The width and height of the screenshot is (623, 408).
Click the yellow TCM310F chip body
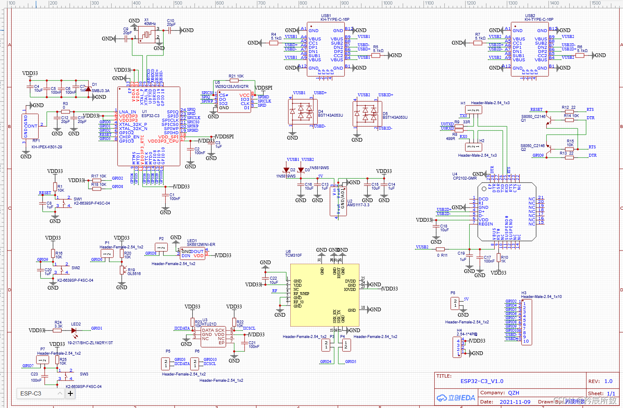[x=324, y=295]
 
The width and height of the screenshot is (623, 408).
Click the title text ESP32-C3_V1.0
[x=482, y=381]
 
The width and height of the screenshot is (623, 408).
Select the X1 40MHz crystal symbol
[x=147, y=35]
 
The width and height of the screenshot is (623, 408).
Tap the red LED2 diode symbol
[x=74, y=330]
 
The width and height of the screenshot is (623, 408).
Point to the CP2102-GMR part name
[x=465, y=178]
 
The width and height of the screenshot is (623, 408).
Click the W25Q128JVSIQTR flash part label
[x=232, y=87]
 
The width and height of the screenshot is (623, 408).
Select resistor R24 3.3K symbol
[x=57, y=330]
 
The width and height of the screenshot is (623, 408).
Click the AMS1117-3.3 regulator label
[x=358, y=205]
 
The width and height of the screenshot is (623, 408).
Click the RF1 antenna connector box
[x=30, y=126]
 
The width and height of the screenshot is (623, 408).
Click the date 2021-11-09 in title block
[x=515, y=402]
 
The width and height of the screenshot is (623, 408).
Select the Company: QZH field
[x=500, y=393]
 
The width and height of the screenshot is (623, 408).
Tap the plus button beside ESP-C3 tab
[x=70, y=393]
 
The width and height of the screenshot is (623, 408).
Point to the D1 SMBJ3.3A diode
[x=88, y=89]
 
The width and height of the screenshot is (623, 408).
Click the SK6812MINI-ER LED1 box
[x=192, y=254]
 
